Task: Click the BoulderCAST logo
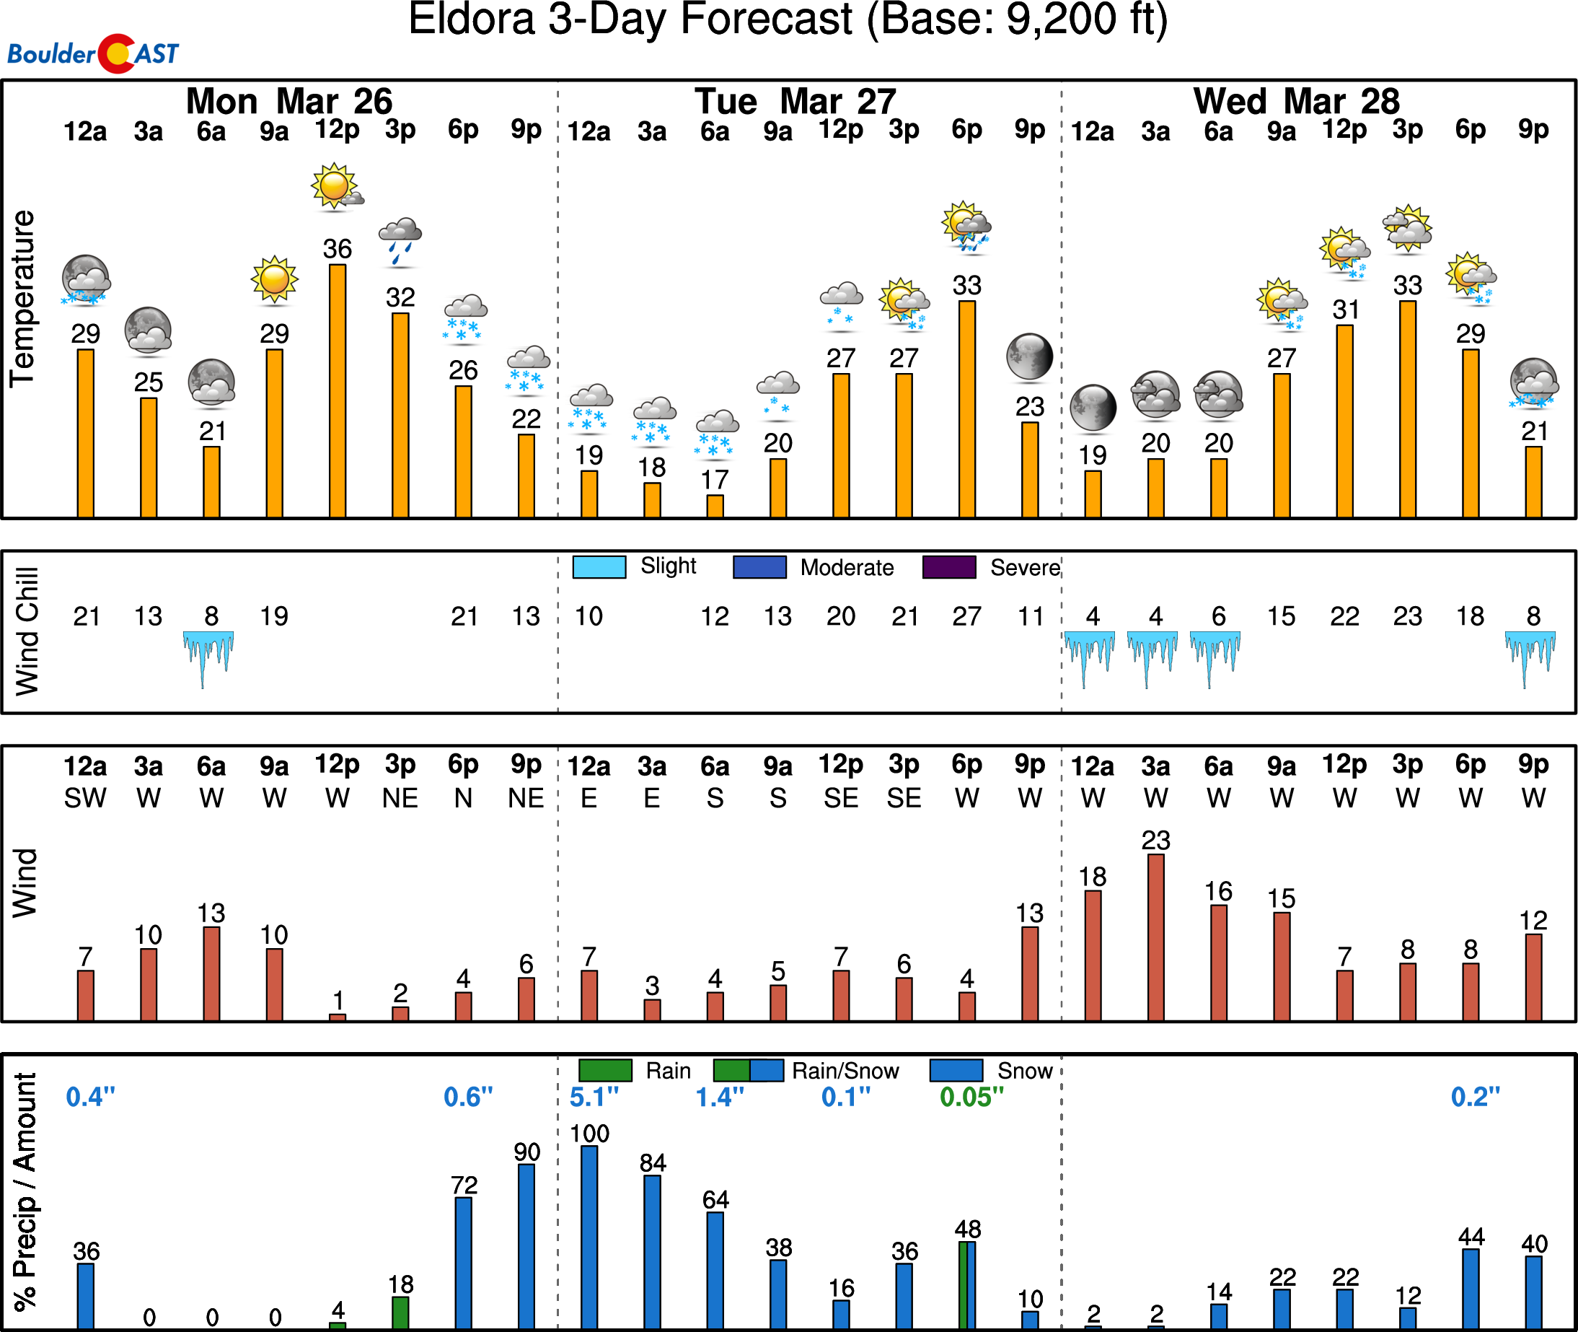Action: pos(93,53)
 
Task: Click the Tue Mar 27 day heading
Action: pos(795,101)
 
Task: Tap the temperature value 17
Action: pos(715,480)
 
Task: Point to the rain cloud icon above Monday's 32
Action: pos(400,240)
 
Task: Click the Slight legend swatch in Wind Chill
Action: pos(599,567)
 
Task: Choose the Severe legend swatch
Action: pos(948,567)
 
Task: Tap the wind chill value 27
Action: pos(966,616)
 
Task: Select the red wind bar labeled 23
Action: pos(1155,937)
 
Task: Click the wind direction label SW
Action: pos(85,798)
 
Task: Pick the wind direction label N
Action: pos(463,798)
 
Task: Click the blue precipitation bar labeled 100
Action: pos(589,1237)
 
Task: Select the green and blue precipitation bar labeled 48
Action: pos(966,1284)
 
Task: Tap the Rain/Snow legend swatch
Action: pos(748,1071)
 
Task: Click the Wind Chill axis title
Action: pos(27,631)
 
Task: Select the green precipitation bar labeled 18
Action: pos(401,1313)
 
